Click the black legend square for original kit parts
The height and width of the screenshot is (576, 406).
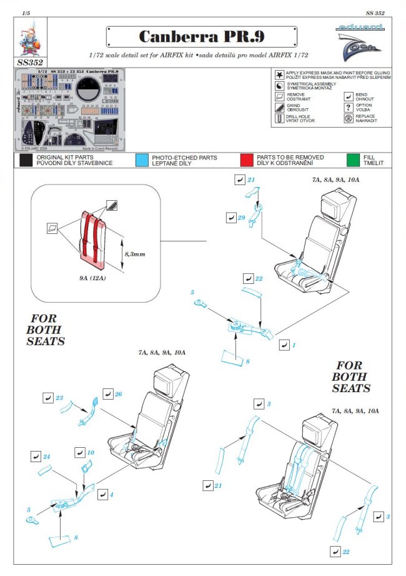click(26, 160)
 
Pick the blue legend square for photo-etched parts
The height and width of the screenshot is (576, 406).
click(142, 160)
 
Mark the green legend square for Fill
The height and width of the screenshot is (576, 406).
click(354, 160)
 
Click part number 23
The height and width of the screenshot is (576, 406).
click(59, 397)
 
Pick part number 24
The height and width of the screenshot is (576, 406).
click(47, 457)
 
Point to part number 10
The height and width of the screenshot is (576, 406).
click(91, 452)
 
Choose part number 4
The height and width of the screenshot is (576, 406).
click(111, 495)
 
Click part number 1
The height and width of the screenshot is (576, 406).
click(294, 345)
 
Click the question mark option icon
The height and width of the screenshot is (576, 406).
click(348, 107)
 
